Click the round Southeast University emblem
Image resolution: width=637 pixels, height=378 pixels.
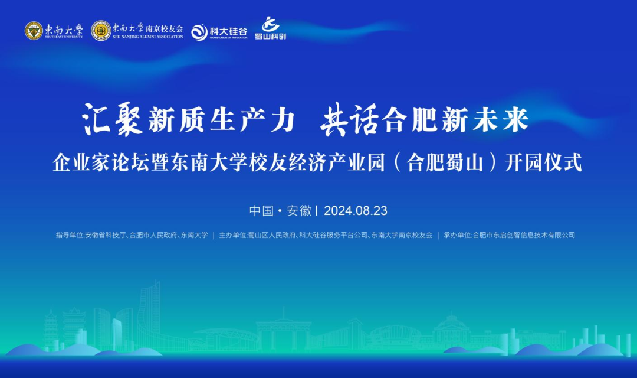pyautogui.click(x=34, y=31)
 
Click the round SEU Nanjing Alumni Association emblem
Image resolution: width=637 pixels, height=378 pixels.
pyautogui.click(x=101, y=31)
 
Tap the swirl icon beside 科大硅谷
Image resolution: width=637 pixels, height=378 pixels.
pyautogui.click(x=199, y=32)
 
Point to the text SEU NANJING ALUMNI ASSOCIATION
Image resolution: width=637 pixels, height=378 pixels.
pyautogui.click(x=147, y=37)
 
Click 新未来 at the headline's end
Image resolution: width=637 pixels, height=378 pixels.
pyautogui.click(x=499, y=121)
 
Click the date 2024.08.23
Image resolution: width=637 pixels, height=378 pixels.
pyautogui.click(x=356, y=210)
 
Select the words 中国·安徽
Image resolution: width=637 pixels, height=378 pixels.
pyautogui.click(x=280, y=210)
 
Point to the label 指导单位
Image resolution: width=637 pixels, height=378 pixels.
pyautogui.click(x=70, y=235)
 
